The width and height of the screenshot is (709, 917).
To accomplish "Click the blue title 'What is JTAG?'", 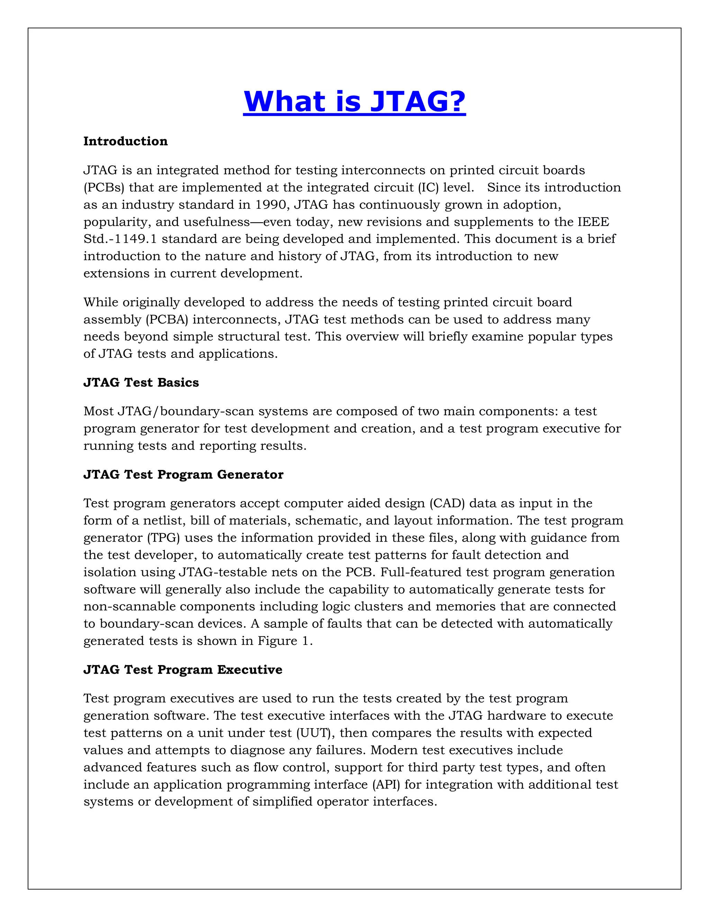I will tap(354, 102).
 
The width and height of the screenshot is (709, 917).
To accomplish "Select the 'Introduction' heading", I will tap(125, 141).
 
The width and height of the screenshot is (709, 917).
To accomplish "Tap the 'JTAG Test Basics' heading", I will tap(141, 382).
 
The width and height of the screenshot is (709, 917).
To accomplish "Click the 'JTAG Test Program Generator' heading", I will tap(183, 474).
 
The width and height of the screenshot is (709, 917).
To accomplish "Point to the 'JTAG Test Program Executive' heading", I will tap(183, 670).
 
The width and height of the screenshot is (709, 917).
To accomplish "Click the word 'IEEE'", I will tap(593, 222).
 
